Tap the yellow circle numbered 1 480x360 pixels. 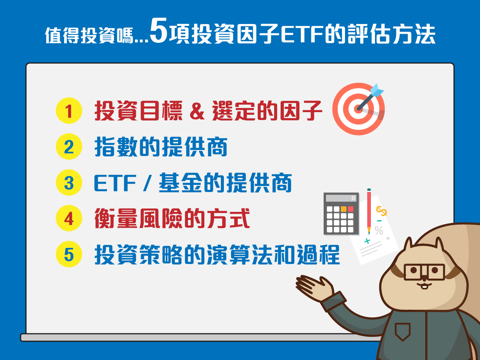(x=69, y=111)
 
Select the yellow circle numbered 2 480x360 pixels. (x=69, y=147)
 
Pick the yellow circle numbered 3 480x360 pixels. (x=69, y=183)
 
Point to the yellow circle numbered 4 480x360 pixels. (x=69, y=218)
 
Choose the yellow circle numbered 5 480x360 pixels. (x=69, y=254)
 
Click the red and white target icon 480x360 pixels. (x=358, y=109)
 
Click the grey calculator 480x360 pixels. (x=341, y=214)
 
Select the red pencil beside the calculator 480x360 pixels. (x=369, y=210)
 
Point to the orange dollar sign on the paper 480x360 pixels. (x=381, y=211)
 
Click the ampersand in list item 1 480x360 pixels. (x=197, y=111)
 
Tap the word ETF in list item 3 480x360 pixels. (x=115, y=183)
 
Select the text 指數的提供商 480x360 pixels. (x=161, y=147)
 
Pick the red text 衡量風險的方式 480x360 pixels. (x=172, y=219)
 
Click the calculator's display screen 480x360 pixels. (x=341, y=198)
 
